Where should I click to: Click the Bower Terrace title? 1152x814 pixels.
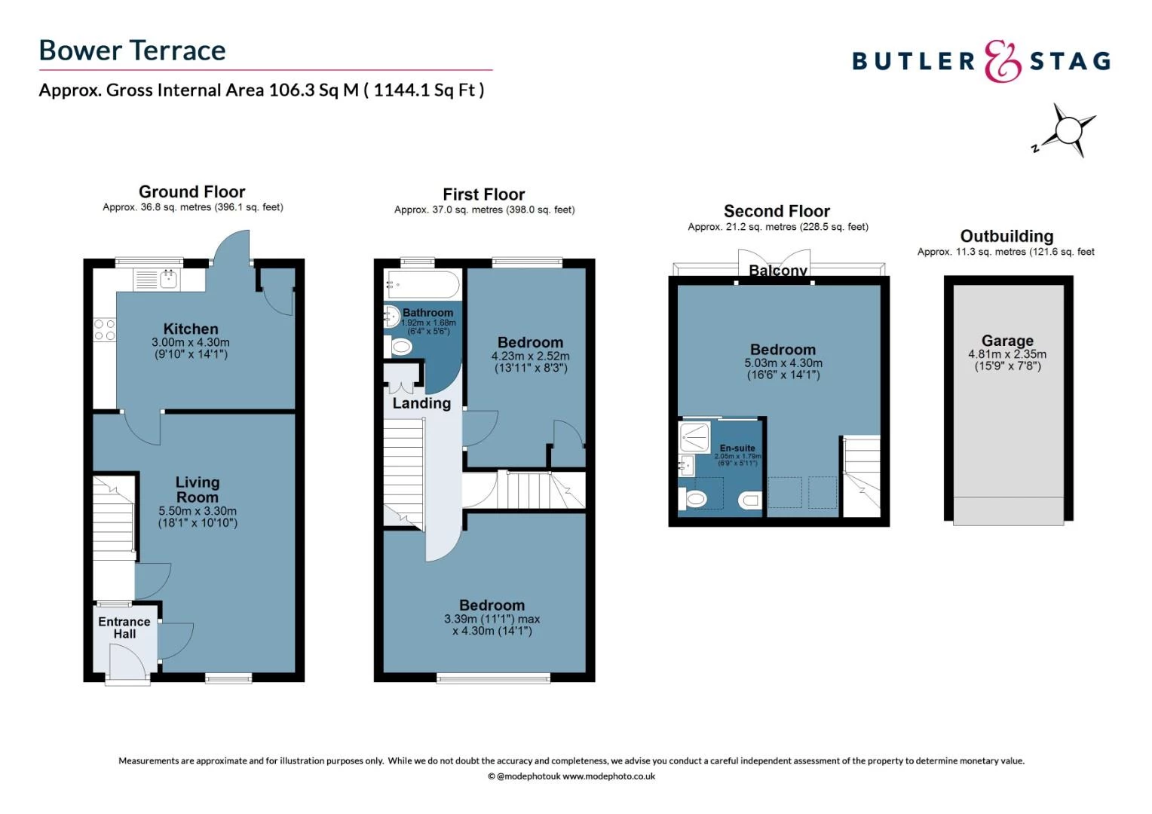click(132, 50)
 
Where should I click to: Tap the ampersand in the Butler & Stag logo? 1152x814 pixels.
click(1002, 61)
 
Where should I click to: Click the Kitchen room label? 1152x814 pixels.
click(191, 329)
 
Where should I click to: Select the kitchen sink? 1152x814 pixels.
click(168, 279)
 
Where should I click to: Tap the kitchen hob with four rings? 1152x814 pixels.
click(104, 330)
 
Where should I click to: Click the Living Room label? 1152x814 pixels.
click(198, 490)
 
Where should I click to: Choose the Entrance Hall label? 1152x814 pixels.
click(124, 627)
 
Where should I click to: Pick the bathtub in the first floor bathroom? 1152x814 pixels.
click(421, 285)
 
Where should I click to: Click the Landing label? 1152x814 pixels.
click(421, 403)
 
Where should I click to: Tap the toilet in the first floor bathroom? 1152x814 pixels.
click(400, 347)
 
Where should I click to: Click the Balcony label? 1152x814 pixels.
click(777, 270)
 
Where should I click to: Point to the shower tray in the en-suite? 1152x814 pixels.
click(694, 436)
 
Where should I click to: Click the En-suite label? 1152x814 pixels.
click(737, 448)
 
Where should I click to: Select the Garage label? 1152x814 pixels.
click(1007, 341)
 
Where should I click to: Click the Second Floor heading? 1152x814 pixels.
click(777, 211)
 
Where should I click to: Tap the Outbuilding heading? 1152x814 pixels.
click(1006, 236)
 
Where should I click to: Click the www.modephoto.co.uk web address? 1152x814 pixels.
click(608, 776)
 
